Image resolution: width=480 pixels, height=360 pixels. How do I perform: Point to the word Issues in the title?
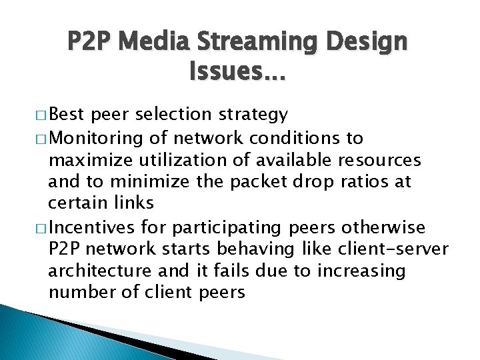click(x=235, y=70)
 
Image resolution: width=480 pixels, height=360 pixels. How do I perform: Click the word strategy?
click(x=255, y=115)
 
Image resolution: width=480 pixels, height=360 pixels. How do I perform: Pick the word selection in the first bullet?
click(x=175, y=115)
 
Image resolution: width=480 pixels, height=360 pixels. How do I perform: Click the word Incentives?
click(x=91, y=228)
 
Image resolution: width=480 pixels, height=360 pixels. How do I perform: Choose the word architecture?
click(x=100, y=271)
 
